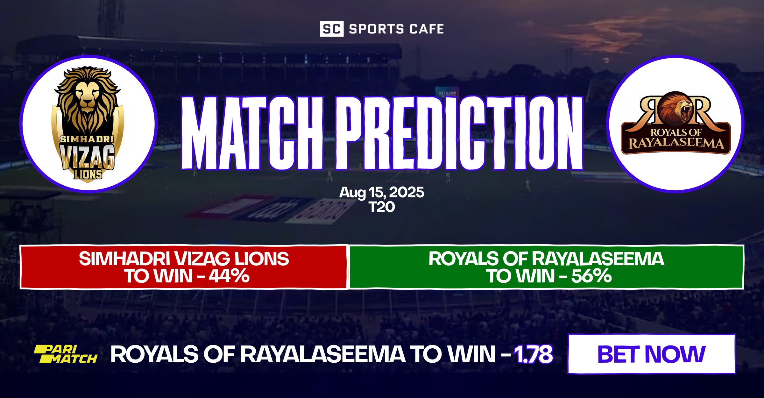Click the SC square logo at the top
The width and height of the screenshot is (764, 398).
pos(331,29)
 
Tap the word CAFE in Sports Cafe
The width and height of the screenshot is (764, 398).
pos(427,29)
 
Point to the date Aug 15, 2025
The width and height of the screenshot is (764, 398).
pos(382,192)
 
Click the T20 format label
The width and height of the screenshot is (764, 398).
pos(382,207)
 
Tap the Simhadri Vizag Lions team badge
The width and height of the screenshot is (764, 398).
pos(88,124)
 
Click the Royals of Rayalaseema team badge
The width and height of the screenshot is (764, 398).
pos(675,124)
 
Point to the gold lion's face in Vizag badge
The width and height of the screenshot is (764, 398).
pos(88,96)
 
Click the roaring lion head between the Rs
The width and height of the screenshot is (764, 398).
pos(675,108)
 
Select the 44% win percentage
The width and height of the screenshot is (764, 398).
pos(229,276)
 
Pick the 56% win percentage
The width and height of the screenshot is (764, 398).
pos(591,276)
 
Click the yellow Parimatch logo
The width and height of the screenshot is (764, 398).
pos(66,354)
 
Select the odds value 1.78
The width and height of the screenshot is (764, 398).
pos(534,354)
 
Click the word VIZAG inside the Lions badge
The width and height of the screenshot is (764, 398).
pos(87,156)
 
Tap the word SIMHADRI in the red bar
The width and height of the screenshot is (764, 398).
pos(124,259)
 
